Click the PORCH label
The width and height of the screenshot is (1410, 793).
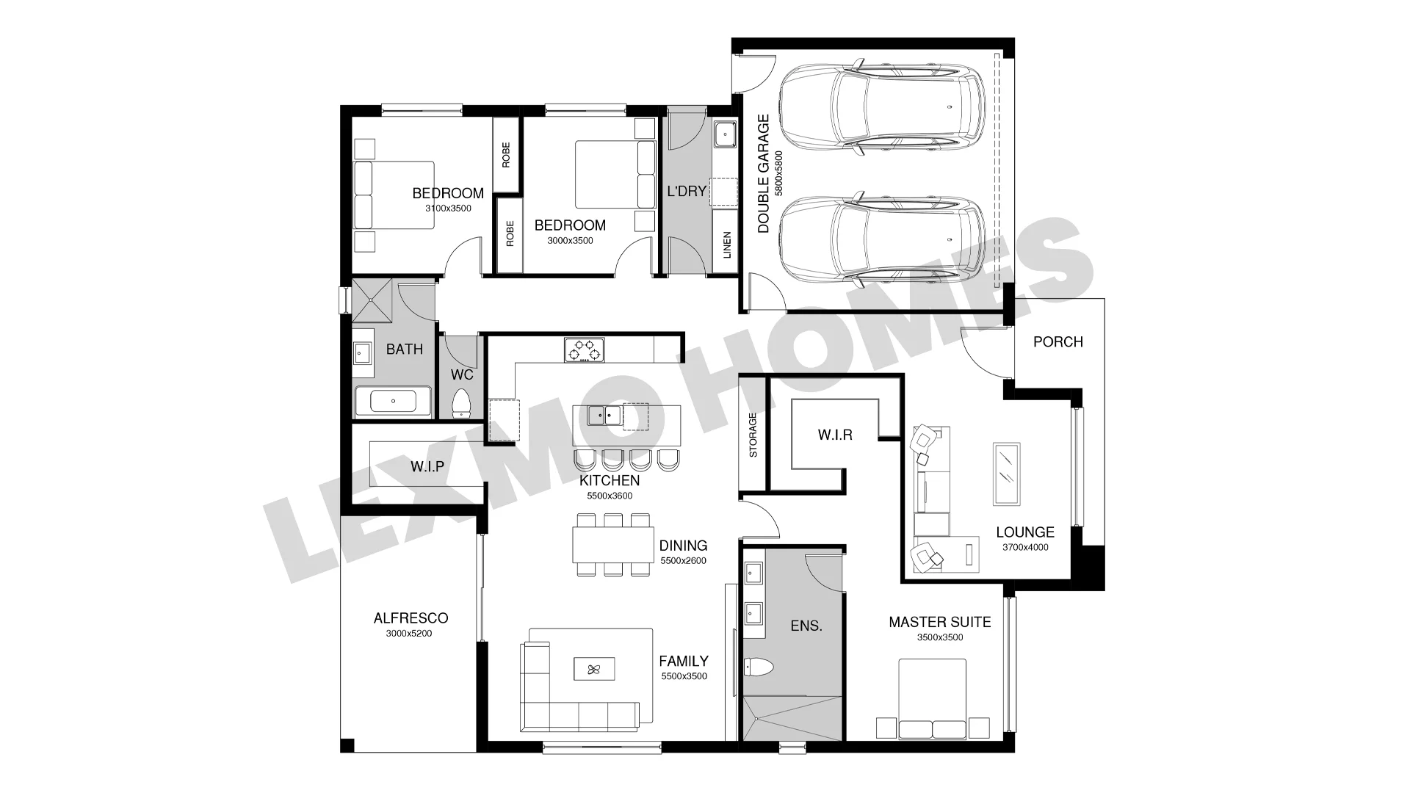1057,341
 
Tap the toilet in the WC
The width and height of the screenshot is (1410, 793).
461,403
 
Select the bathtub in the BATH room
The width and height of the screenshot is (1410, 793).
394,402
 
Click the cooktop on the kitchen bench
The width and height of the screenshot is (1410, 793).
585,350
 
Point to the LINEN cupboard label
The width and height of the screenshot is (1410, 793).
727,245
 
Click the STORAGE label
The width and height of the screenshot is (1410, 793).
753,435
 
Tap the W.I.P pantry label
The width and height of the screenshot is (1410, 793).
427,466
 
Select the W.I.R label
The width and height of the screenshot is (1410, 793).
835,435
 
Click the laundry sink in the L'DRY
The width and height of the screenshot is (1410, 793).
725,134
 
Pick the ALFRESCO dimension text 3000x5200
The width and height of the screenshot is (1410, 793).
409,633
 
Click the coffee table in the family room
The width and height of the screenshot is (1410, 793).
594,669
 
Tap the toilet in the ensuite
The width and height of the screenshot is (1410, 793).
759,667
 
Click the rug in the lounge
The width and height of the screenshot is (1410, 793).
1006,474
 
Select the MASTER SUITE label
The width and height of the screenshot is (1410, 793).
940,622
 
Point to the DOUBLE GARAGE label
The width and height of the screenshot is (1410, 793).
764,173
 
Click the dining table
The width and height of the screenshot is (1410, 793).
612,545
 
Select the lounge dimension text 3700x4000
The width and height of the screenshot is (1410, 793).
1025,547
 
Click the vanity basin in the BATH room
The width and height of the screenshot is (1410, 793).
362,353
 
